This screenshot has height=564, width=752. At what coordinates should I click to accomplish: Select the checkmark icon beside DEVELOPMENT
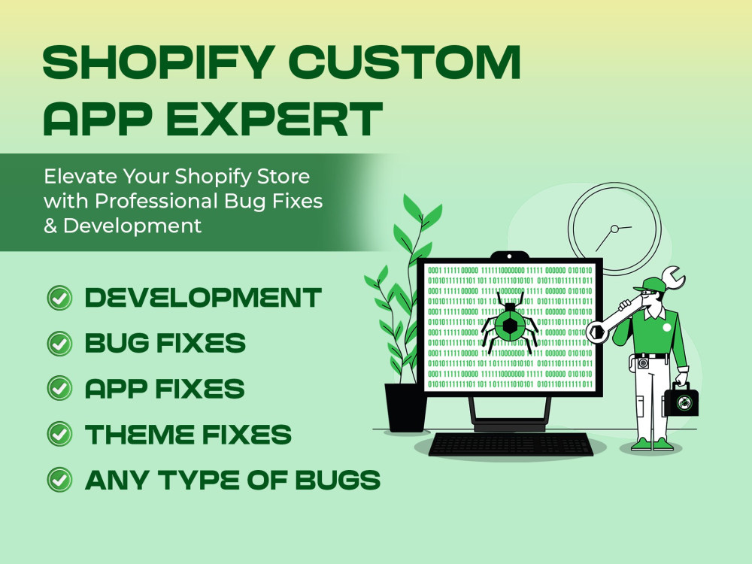(59, 298)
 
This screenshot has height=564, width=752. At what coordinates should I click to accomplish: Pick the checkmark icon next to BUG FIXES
(59, 344)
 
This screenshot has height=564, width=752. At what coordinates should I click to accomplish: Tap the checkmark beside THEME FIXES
(59, 434)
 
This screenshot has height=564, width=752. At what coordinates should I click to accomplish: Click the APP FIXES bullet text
(165, 389)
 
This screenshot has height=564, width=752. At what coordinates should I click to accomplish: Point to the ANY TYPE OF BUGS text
(232, 479)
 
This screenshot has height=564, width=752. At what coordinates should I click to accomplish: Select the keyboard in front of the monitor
(511, 444)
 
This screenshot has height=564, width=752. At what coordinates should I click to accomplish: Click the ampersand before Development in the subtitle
(50, 225)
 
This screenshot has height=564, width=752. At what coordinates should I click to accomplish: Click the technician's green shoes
(652, 444)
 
